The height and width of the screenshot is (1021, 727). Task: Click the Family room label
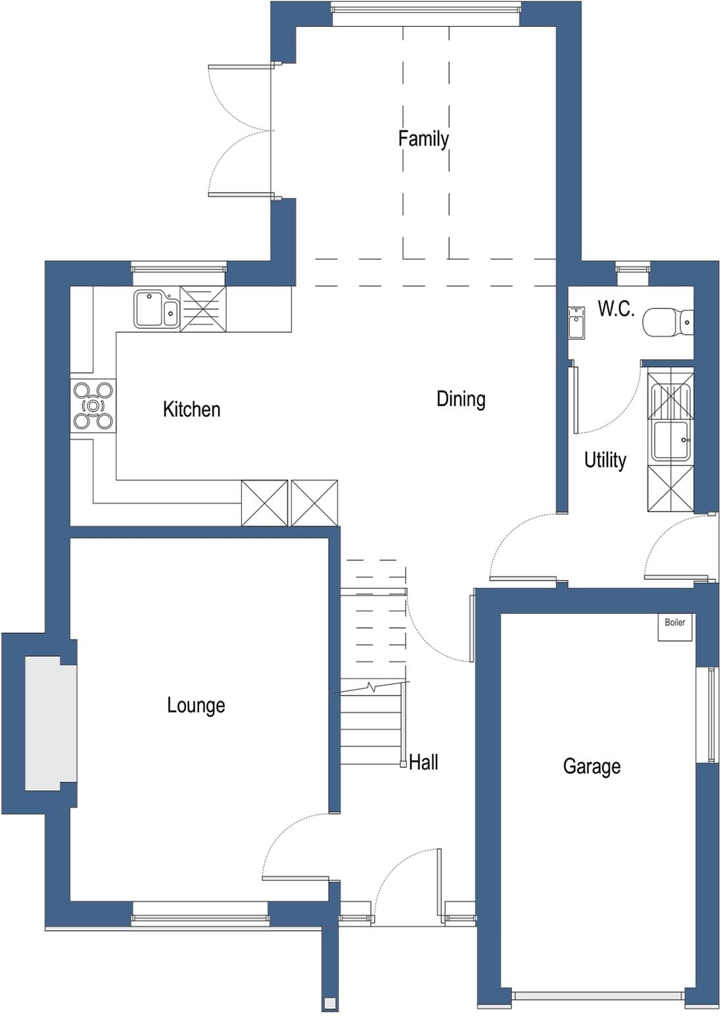(423, 139)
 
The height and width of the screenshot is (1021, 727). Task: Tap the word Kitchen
(191, 410)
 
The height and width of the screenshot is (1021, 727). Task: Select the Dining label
(461, 399)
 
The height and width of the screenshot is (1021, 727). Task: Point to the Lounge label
(196, 705)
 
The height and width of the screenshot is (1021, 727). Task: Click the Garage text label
(592, 767)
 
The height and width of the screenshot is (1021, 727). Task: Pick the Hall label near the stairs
(423, 763)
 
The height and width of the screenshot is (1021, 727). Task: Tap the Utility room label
(605, 460)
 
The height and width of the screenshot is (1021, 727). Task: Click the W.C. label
(616, 309)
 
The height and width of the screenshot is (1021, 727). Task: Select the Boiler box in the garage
(675, 627)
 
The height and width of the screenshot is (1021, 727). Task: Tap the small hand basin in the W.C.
(576, 323)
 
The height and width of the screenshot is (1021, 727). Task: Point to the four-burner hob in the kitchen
(93, 406)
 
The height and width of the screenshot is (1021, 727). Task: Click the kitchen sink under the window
(156, 309)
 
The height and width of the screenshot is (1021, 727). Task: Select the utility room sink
(670, 439)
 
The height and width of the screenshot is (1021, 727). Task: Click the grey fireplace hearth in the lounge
(51, 723)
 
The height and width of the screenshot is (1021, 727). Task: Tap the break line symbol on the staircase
(372, 688)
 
